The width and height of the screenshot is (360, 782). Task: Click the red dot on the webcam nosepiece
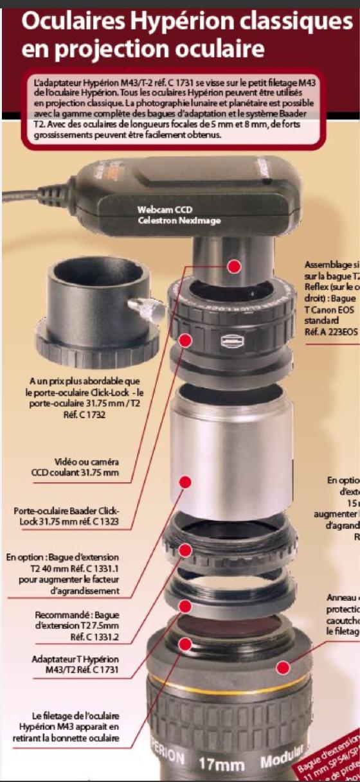click(235, 265)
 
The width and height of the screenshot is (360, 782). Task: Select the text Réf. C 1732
click(84, 415)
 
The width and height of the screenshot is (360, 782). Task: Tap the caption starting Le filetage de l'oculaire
click(66, 726)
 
